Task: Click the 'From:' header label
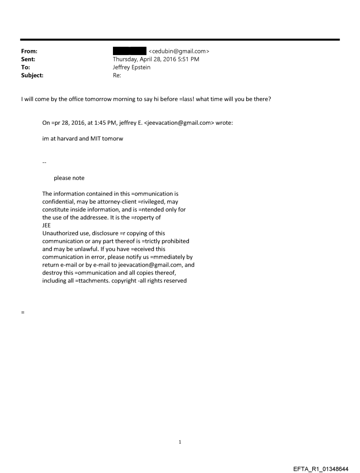click(29, 52)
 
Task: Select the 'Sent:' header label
click(28, 60)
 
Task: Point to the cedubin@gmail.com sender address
click(179, 52)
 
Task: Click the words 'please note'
click(69, 178)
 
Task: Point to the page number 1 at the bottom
click(180, 442)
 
